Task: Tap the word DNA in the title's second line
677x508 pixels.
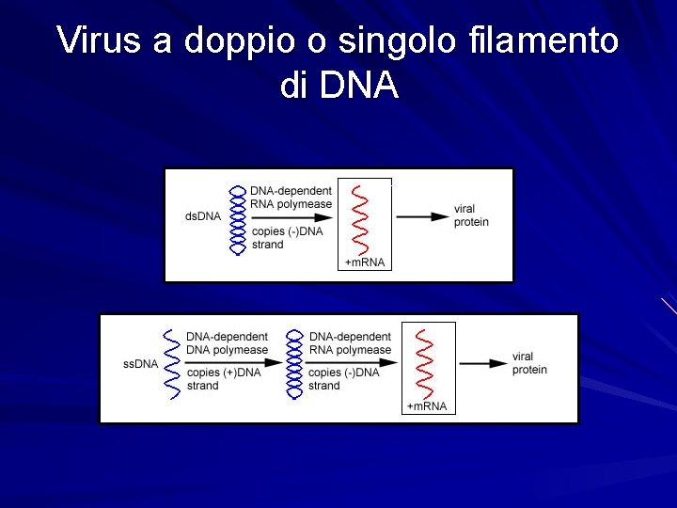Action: [x=359, y=87]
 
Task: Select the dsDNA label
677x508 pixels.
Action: [x=203, y=216]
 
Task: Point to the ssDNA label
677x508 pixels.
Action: [x=140, y=364]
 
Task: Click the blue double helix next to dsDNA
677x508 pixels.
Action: [x=237, y=218]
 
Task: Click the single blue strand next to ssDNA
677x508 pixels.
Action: [x=171, y=364]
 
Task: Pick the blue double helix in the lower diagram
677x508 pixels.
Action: [x=295, y=364]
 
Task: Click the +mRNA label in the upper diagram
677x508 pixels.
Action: [x=366, y=262]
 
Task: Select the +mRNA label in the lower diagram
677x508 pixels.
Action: [x=428, y=406]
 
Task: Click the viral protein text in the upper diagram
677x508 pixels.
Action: [x=471, y=215]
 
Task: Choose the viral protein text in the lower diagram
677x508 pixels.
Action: [x=529, y=363]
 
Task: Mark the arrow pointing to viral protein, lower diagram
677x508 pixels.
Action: [x=484, y=364]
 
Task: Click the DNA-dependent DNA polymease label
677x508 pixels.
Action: [x=227, y=343]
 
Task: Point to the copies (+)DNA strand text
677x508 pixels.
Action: [x=224, y=379]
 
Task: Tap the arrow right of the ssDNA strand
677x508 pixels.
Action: [x=230, y=361]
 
